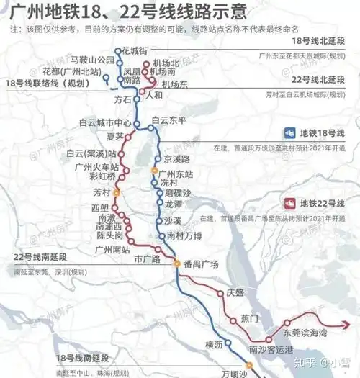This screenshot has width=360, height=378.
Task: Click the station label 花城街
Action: click(135, 50)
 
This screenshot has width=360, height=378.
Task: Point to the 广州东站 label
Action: click(178, 174)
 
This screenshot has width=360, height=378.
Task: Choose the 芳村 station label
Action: click(103, 192)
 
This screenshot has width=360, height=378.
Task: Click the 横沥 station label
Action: click(215, 345)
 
